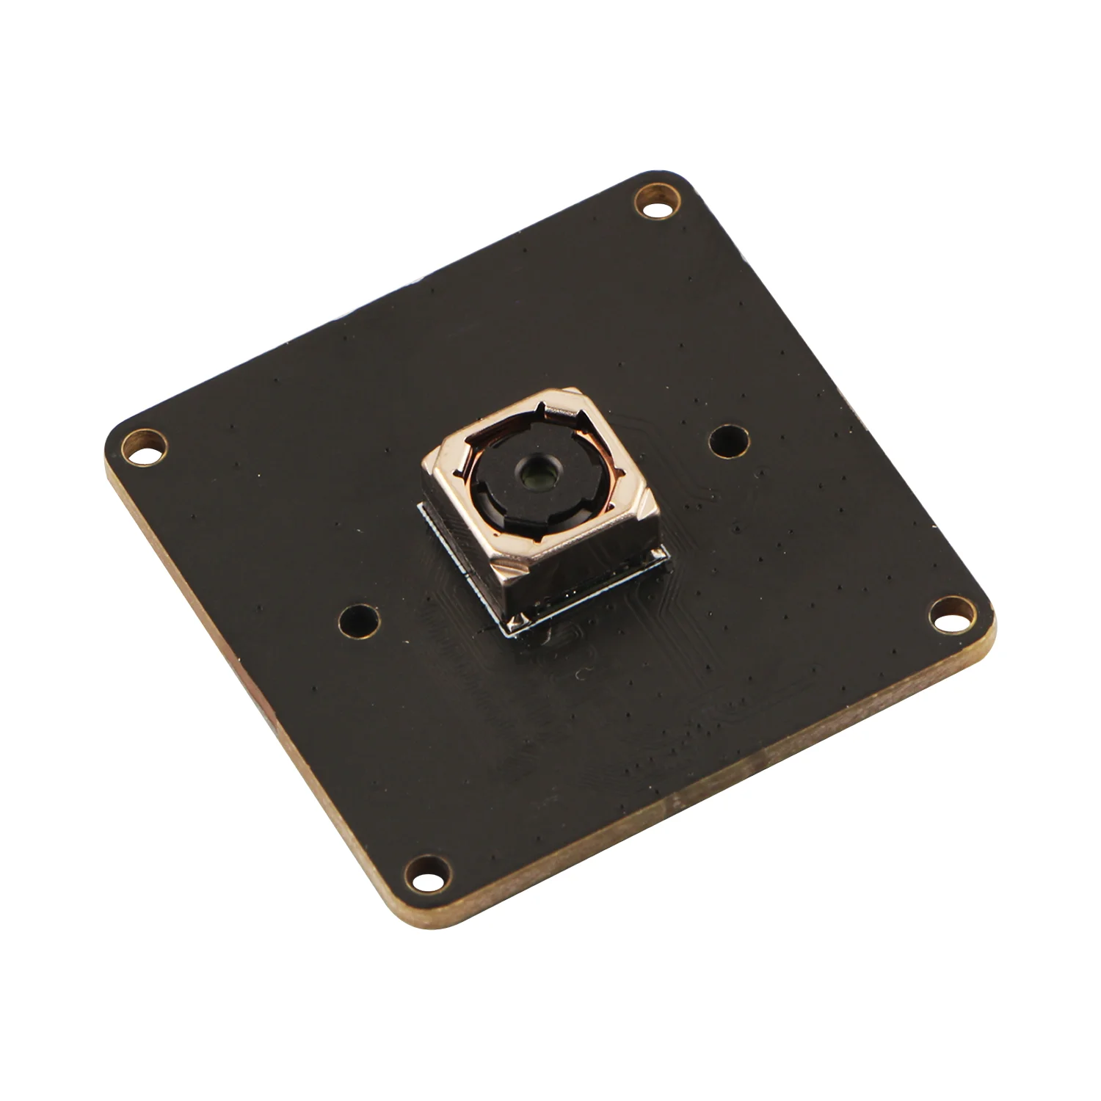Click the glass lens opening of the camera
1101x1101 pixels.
(536, 478)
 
